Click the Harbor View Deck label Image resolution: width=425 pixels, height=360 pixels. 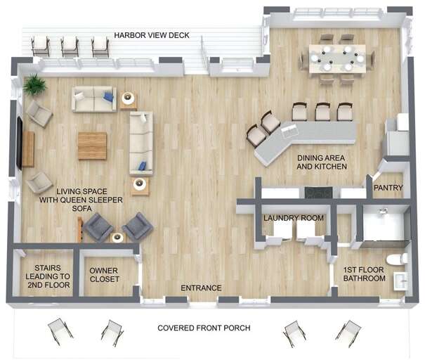click(x=152, y=35)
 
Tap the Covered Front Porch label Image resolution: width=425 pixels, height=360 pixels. click(x=204, y=328)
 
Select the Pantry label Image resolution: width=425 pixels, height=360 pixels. click(x=388, y=188)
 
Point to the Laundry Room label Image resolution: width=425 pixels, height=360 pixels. click(x=294, y=218)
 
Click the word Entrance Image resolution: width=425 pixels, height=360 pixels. click(x=201, y=288)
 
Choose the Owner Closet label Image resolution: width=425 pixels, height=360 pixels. click(x=104, y=275)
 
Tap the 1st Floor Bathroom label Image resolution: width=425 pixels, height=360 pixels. click(x=364, y=274)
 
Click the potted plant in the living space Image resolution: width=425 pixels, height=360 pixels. click(x=34, y=84)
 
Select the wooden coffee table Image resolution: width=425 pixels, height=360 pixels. click(x=92, y=146)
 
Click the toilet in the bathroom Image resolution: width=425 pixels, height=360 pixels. click(x=396, y=259)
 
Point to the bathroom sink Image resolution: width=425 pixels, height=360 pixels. click(x=400, y=281)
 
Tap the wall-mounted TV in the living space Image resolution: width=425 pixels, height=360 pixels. click(x=19, y=143)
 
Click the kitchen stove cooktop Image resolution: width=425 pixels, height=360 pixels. click(x=318, y=193)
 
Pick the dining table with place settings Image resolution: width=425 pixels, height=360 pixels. click(x=337, y=59)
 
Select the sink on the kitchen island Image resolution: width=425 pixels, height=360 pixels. click(x=289, y=131)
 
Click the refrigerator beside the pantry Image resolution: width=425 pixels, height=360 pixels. click(x=398, y=135)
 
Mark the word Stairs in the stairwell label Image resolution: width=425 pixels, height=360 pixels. click(x=48, y=268)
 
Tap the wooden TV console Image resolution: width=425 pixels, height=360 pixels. click(x=28, y=149)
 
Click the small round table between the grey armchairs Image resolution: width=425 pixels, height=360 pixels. click(x=117, y=238)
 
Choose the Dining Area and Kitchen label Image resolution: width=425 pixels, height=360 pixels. click(x=322, y=162)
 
